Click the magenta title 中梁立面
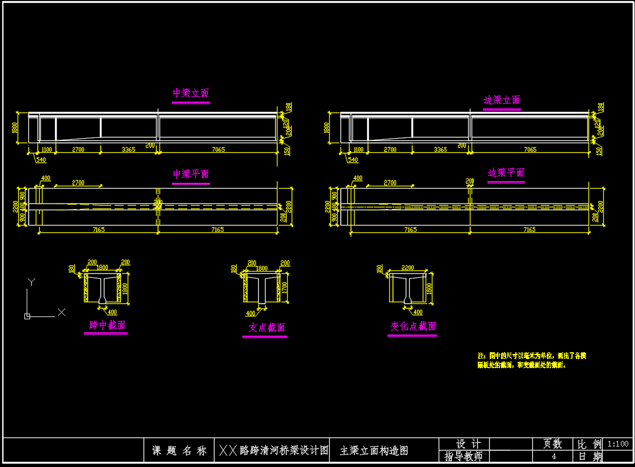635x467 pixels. [x=191, y=94]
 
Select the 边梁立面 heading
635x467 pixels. [x=502, y=101]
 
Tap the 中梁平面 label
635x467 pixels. [x=191, y=174]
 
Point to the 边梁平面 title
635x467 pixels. [x=506, y=173]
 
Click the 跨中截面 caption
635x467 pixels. [x=107, y=326]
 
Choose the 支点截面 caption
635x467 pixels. [x=266, y=328]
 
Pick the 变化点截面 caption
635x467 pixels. [x=413, y=327]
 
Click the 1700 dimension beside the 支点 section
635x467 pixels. [x=284, y=289]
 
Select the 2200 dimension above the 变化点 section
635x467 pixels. [x=407, y=268]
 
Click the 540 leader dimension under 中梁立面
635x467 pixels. [x=41, y=160]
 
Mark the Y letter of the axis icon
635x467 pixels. [x=32, y=282]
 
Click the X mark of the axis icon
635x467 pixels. [x=61, y=312]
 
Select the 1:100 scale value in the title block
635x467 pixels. [x=618, y=444]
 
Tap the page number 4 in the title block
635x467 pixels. [x=554, y=456]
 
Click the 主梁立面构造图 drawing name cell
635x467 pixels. [x=374, y=451]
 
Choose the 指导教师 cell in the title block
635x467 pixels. [x=463, y=457]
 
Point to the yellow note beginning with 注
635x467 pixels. [x=531, y=360]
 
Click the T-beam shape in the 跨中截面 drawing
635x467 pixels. [x=102, y=287]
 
